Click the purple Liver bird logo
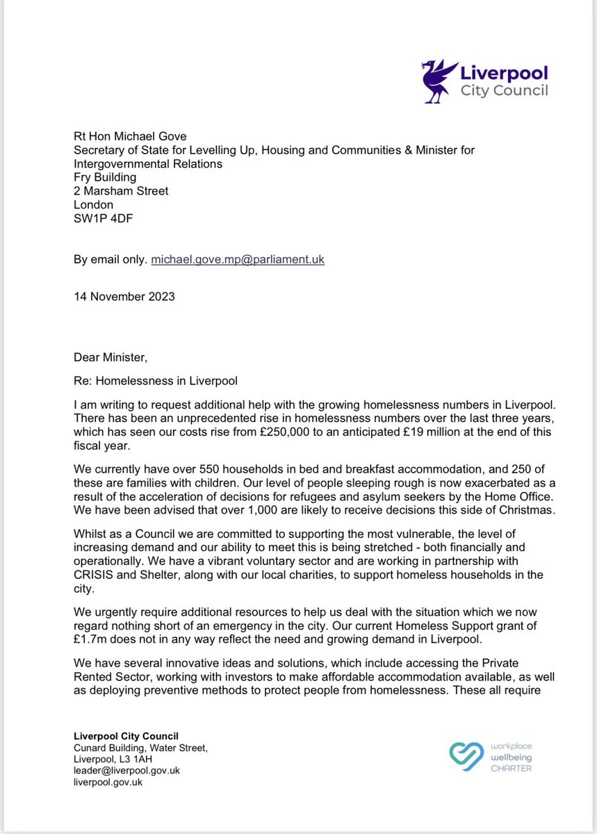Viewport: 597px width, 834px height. (x=436, y=79)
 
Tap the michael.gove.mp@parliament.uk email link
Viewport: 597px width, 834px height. (x=237, y=260)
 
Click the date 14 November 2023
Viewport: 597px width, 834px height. (x=124, y=296)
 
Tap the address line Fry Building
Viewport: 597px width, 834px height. (x=105, y=177)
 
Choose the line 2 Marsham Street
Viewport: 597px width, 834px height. (x=121, y=191)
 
